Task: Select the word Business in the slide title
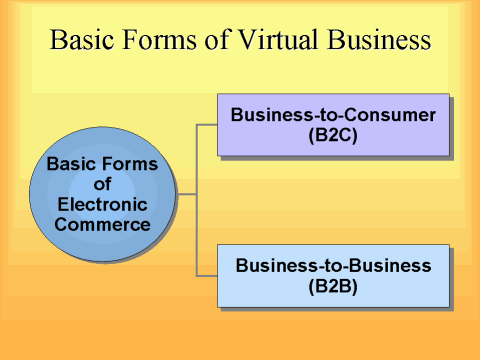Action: pyautogui.click(x=370, y=41)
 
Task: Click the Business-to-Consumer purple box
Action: pyautogui.click(x=333, y=125)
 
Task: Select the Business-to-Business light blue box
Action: pyautogui.click(x=333, y=276)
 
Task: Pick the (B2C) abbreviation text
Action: pyautogui.click(x=333, y=135)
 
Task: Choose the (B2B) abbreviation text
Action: pyautogui.click(x=333, y=286)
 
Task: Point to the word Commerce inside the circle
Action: pyautogui.click(x=102, y=224)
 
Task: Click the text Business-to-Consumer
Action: pyautogui.click(x=333, y=115)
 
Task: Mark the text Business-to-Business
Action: pyautogui.click(x=333, y=266)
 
